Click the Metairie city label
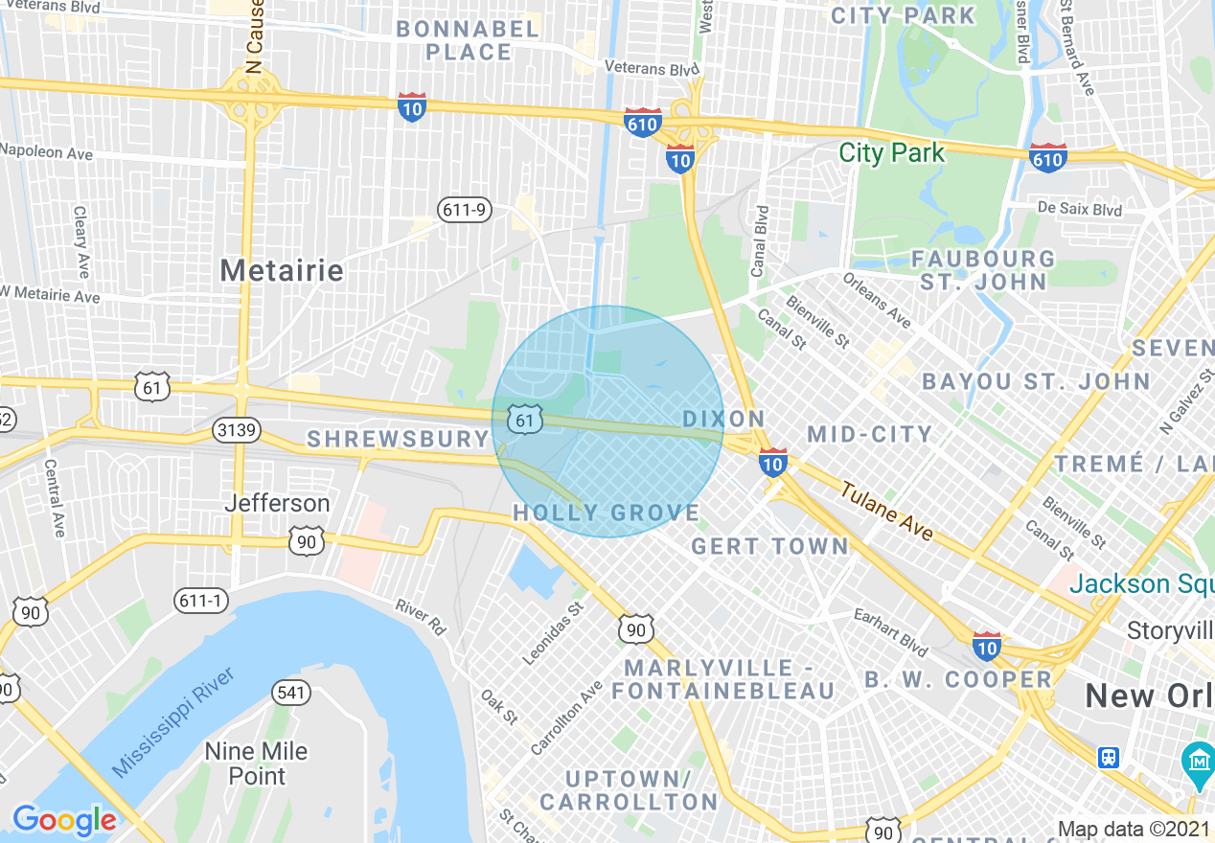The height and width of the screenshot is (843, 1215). [282, 270]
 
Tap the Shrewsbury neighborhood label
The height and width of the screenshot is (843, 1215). [398, 440]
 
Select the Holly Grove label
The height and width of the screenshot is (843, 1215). [607, 513]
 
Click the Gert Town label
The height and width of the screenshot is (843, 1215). [769, 547]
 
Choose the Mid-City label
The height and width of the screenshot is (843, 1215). [869, 435]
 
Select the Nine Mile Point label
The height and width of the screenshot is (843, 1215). [257, 763]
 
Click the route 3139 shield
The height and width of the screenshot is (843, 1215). [237, 430]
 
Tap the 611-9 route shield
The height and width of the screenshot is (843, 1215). [464, 210]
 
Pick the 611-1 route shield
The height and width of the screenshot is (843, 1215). [202, 601]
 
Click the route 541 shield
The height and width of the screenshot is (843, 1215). [290, 692]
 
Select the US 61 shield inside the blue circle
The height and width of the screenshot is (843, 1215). [524, 420]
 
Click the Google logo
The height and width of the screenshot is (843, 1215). [64, 820]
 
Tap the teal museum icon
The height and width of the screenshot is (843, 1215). [1198, 762]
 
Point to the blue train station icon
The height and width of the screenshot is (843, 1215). [1109, 757]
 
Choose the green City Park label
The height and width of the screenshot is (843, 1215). [891, 153]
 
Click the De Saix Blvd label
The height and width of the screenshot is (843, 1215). [1079, 209]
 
